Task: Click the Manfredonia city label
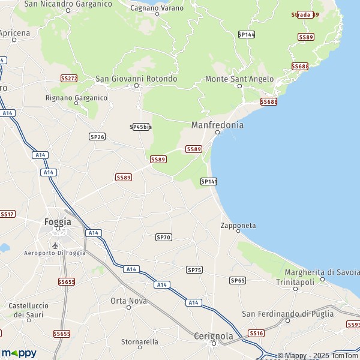click(x=217, y=125)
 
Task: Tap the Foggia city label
click(x=58, y=221)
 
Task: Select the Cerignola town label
click(x=214, y=336)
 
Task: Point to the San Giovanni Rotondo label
click(x=136, y=79)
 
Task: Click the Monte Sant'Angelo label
click(x=239, y=79)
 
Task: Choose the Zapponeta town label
click(x=238, y=226)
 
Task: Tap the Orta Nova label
click(x=128, y=301)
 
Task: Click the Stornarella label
click(x=140, y=341)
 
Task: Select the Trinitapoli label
click(x=295, y=281)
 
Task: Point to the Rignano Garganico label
click(x=76, y=97)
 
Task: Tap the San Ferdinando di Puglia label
click(x=287, y=314)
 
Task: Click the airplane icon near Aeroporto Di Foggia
click(x=56, y=246)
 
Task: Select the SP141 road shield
click(x=209, y=181)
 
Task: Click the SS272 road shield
click(x=69, y=79)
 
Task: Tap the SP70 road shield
click(x=163, y=238)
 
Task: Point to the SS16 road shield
click(x=256, y=333)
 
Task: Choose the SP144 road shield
click(x=247, y=35)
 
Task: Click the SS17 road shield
click(x=7, y=214)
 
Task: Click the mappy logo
click(x=19, y=353)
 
